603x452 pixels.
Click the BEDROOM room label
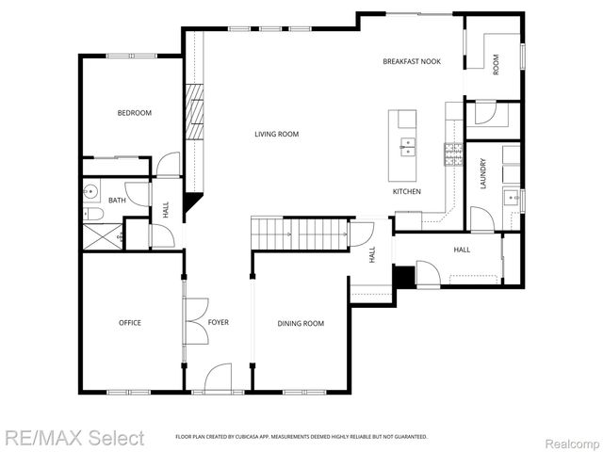point(134,113)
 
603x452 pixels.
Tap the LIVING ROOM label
point(276,135)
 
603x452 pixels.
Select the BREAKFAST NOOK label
point(411,62)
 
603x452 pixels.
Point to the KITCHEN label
point(406,192)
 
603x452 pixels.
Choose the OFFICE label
point(129,323)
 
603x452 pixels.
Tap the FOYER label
point(218,323)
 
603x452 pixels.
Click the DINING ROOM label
point(300,324)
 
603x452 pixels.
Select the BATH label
point(117,201)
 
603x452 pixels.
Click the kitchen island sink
point(408,146)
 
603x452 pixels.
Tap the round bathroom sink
point(91,191)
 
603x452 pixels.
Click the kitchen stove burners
point(453,149)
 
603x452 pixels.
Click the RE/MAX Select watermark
point(74,438)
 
